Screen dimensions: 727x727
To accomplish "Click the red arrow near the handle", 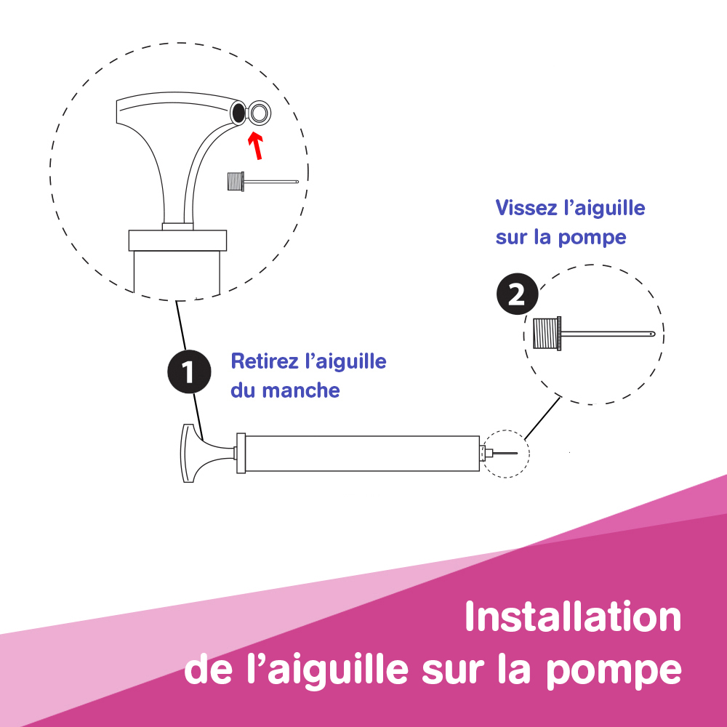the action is click(255, 146).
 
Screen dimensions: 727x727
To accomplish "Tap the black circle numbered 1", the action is click(189, 371).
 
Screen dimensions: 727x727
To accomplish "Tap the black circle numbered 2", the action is click(518, 294).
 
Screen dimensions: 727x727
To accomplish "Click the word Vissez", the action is click(526, 208).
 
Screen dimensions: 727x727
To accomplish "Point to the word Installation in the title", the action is click(573, 616).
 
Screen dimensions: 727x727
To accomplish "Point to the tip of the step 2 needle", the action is click(654, 334).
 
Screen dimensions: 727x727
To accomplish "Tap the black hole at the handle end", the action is click(238, 113).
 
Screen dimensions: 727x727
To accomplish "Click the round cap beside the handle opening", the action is click(260, 113).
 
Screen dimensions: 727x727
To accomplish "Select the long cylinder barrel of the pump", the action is click(362, 454).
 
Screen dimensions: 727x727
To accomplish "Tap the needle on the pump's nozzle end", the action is click(505, 453).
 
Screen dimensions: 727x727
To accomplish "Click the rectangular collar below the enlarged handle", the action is click(177, 241).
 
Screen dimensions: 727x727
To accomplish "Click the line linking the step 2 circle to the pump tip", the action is click(542, 418).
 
